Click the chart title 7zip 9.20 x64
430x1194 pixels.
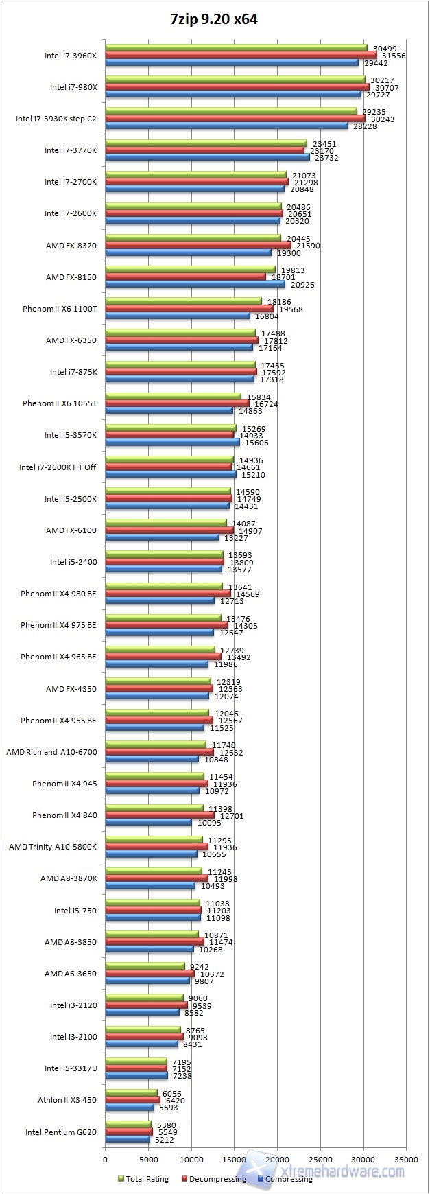click(x=214, y=19)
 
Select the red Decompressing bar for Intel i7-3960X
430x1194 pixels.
click(x=240, y=56)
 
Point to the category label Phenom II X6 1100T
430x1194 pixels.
click(x=60, y=309)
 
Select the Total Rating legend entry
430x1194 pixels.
click(x=143, y=1179)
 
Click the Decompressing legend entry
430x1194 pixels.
click(x=213, y=1179)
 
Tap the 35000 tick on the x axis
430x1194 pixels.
click(x=405, y=1159)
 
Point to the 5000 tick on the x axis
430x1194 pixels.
click(x=148, y=1159)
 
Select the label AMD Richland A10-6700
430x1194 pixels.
click(x=52, y=752)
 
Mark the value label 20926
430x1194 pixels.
click(x=302, y=285)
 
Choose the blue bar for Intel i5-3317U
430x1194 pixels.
click(x=136, y=1076)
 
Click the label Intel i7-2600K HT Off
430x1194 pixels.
click(x=58, y=467)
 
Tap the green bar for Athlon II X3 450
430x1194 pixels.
click(x=131, y=1092)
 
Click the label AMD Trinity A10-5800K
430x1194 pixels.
click(x=53, y=847)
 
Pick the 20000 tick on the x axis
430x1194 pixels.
click(x=277, y=1159)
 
